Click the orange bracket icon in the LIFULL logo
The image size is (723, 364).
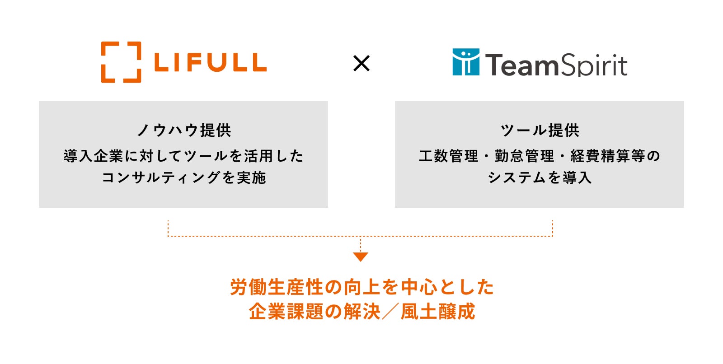pos(121,62)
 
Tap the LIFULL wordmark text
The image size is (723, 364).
pos(210,63)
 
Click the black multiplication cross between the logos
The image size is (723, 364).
pos(361,63)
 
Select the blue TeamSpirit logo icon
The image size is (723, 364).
pos(466,62)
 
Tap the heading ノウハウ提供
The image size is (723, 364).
pos(184,131)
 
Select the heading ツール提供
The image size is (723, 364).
pos(540,131)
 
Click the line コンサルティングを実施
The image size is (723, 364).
pos(184,177)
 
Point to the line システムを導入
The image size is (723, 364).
pos(540,177)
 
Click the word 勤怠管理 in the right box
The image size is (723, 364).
pos(524,156)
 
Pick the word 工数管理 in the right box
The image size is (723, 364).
pos(448,156)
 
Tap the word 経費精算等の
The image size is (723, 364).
pos(615,156)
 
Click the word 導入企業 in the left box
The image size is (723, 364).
pos(94,156)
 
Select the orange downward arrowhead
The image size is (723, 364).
pos(361,257)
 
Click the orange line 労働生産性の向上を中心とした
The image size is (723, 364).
pos(362,287)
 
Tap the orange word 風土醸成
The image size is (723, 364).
pos(438,312)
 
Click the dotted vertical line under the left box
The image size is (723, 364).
pos(168,228)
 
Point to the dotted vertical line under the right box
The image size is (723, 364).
pos(552,228)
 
